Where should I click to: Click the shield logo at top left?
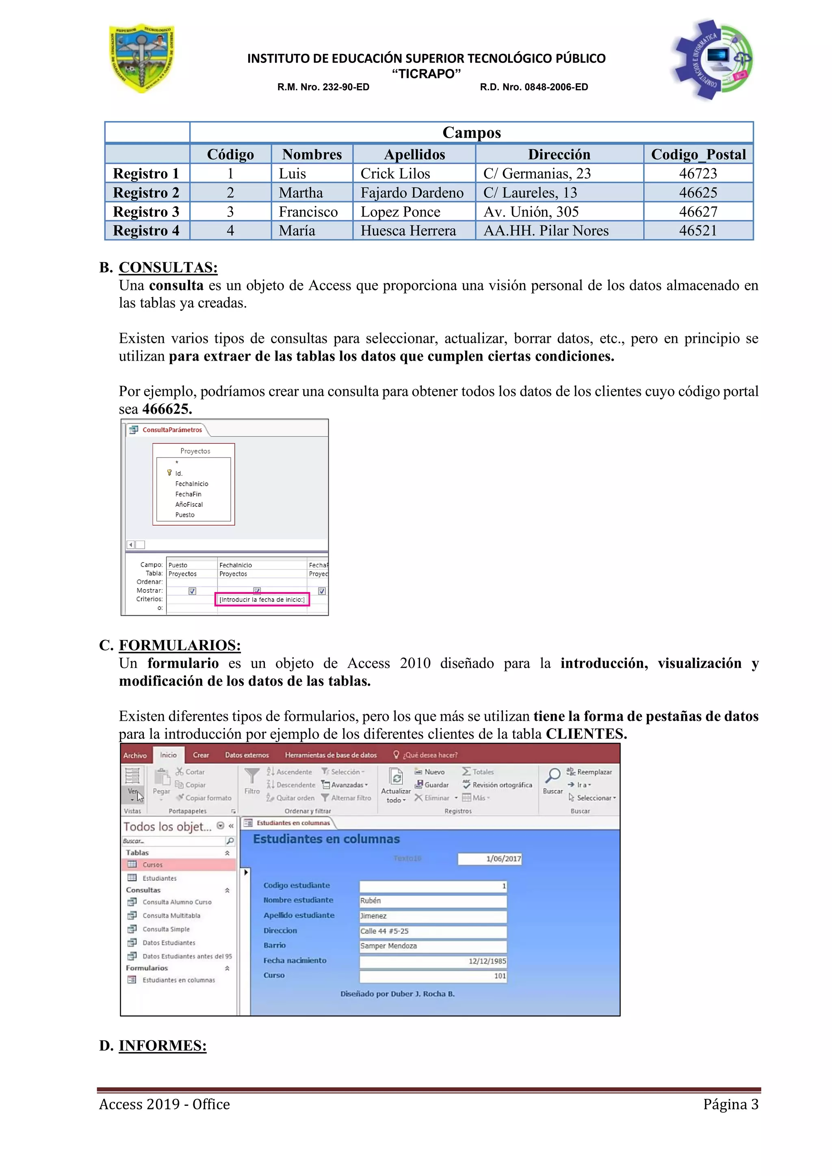pos(142,58)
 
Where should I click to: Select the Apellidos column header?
pos(414,154)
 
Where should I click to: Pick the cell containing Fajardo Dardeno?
pos(412,192)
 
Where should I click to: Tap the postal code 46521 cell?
pos(698,231)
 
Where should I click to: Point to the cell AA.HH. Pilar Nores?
pos(546,231)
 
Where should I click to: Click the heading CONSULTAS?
pos(168,267)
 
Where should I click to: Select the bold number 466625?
pos(167,409)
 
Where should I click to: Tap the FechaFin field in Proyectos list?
pos(188,494)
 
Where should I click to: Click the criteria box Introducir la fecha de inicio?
pos(262,599)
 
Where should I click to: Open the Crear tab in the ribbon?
pos(201,755)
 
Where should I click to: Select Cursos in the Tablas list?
pos(153,865)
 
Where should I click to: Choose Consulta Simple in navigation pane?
pos(166,929)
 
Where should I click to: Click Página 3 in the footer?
pos(730,1104)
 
